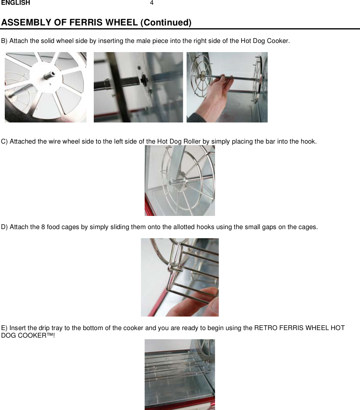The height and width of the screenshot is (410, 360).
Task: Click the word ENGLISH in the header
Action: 15,3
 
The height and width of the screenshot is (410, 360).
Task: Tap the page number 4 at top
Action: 151,3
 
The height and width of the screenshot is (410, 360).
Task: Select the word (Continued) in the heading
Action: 166,22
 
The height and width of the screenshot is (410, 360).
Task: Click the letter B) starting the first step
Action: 5,41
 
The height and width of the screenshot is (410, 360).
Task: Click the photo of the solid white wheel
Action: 45,87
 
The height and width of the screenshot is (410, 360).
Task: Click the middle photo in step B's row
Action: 138,87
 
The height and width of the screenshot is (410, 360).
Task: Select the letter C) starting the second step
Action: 5,142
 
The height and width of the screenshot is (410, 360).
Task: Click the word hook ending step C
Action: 308,142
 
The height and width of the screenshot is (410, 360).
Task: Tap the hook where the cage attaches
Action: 172,266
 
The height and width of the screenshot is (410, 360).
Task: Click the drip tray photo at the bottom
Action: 180,374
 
